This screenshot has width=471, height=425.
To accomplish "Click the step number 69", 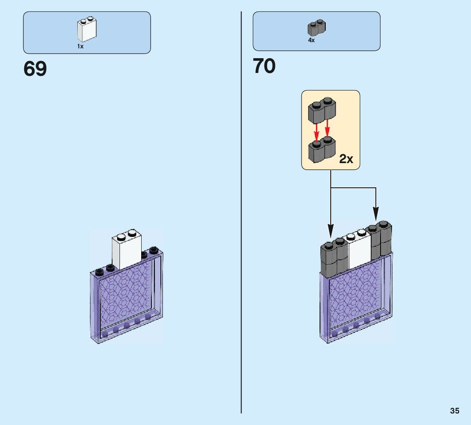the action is tap(35, 68).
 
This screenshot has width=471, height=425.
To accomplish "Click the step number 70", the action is tap(264, 66).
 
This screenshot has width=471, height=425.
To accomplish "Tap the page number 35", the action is tap(454, 411).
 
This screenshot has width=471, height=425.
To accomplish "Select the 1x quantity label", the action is tap(80, 47).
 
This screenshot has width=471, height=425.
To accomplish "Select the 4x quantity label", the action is tap(311, 41).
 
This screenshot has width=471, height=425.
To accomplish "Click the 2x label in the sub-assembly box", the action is tap(346, 159).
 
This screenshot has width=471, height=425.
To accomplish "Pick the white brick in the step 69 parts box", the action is tap(87, 30).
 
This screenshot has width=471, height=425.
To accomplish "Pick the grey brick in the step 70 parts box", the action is tap(316, 28).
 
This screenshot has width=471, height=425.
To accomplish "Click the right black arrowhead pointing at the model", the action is tap(376, 214).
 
